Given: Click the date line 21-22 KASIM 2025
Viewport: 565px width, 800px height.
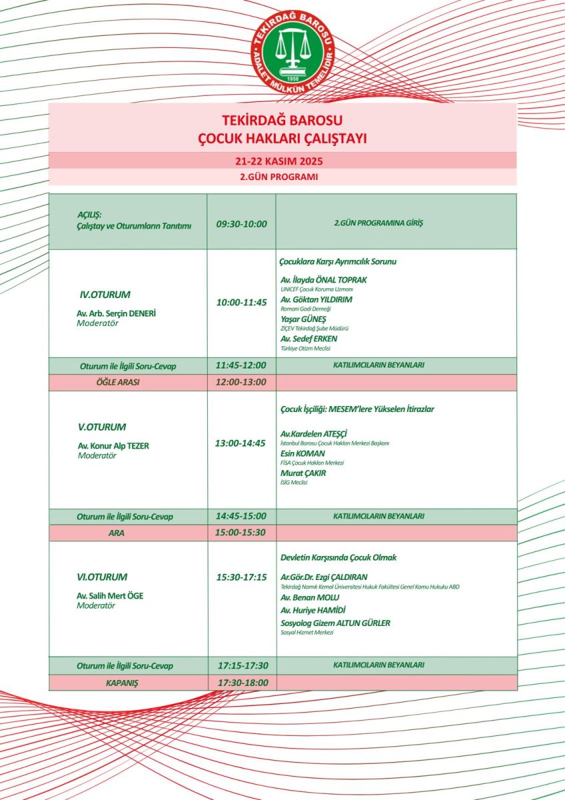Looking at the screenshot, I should [x=282, y=161].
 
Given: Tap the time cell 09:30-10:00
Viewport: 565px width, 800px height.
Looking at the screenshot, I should [x=241, y=223].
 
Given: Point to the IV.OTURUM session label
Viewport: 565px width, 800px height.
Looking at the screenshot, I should [x=105, y=294].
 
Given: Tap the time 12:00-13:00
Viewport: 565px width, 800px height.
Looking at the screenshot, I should [x=241, y=383].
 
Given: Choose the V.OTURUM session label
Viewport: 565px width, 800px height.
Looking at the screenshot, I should [x=102, y=427].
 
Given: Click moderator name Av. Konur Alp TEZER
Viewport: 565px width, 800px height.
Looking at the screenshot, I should [x=113, y=446].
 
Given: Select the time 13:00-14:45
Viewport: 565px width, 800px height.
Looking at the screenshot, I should [x=241, y=443].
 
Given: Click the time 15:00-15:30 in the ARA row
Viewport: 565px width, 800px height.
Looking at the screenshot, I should [x=241, y=533].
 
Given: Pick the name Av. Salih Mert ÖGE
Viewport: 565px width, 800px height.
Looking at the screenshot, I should [x=109, y=595].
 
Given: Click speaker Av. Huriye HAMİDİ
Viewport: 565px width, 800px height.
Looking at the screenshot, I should [x=313, y=610].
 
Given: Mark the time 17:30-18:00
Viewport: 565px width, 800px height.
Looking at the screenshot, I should [x=243, y=683].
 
